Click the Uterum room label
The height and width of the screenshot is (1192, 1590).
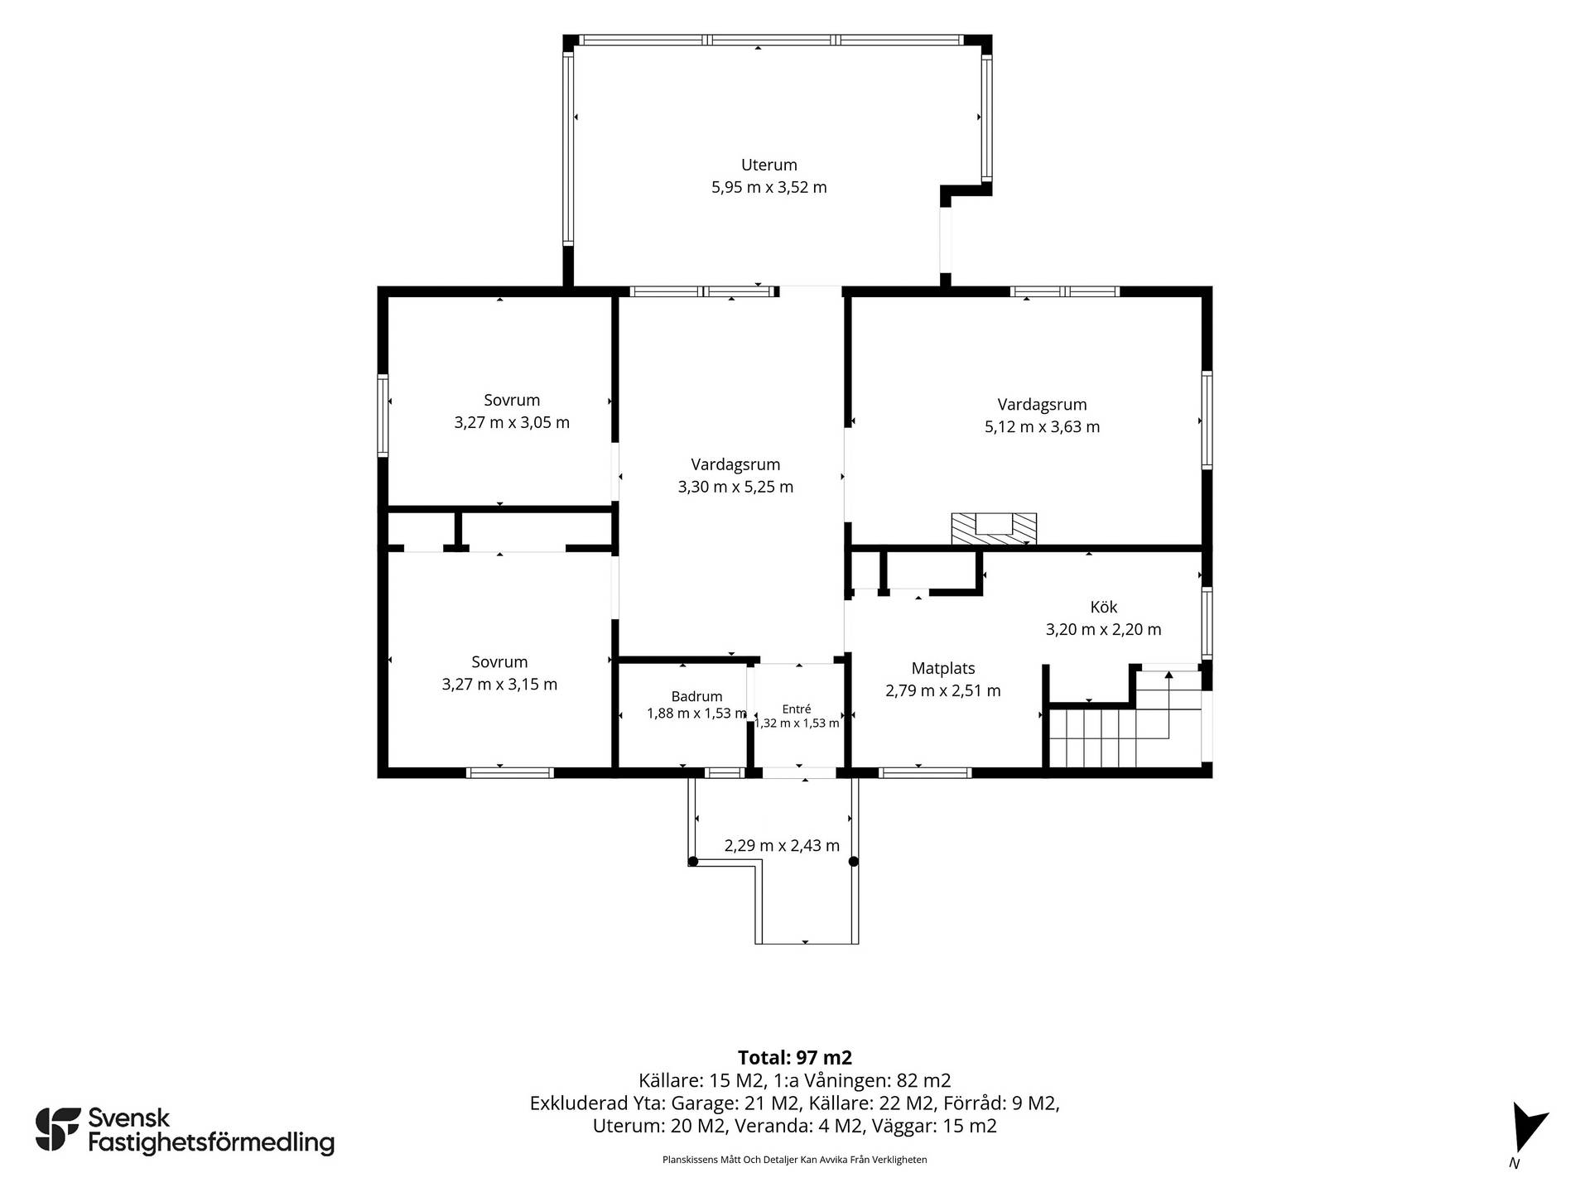768,165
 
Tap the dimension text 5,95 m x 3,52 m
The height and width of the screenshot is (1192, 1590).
768,187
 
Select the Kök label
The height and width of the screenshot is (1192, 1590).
1104,607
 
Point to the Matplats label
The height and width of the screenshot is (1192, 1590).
943,668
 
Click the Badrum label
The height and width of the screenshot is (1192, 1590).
696,696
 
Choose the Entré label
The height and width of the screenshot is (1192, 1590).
797,709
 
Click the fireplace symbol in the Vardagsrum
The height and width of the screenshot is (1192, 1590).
994,528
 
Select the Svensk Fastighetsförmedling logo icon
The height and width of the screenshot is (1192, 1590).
58,1128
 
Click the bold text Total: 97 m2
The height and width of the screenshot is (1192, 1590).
794,1057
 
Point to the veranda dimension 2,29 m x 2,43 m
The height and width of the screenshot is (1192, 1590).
782,845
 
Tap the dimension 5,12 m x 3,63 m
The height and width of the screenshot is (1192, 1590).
1042,427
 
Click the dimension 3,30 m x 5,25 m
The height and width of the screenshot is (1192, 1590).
735,487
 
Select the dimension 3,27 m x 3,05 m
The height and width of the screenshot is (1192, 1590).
512,422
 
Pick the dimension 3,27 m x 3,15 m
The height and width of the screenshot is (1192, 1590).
499,685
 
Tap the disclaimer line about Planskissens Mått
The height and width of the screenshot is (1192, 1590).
794,1160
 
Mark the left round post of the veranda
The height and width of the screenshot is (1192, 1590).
693,862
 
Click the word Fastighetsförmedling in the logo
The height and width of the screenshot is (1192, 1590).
211,1143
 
